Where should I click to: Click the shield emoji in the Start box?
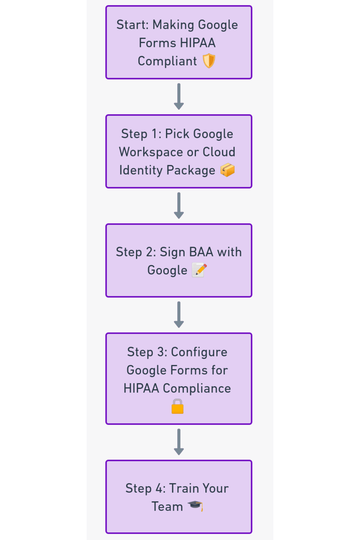pos(209,61)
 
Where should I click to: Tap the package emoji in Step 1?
pos(228,170)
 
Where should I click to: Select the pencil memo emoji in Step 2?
pos(199,270)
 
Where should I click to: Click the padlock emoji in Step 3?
pos(178,406)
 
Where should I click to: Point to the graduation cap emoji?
pos(195,506)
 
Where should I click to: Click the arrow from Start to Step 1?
pos(179,96)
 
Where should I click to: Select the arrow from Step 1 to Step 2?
pos(179,205)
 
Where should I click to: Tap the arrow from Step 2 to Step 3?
pos(179,315)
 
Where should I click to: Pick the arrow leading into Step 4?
pos(179,442)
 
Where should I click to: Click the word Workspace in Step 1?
pos(151,152)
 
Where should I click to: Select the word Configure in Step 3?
pos(199,352)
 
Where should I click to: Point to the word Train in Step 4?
pos(184,488)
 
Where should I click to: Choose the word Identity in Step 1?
pos(141,170)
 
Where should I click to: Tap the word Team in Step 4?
pos(167,507)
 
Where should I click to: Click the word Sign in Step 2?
pos(172,252)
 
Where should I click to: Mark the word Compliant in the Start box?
pos(167,61)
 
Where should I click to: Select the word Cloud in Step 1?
pos(219,152)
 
